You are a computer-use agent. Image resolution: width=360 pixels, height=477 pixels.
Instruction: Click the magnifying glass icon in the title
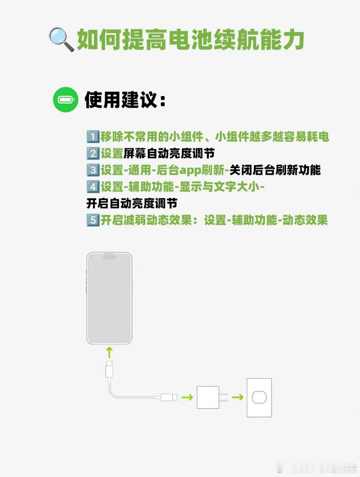(61, 40)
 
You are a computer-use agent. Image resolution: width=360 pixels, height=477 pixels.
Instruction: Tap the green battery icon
(65, 100)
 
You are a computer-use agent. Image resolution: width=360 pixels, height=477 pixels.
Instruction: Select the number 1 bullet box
(93, 136)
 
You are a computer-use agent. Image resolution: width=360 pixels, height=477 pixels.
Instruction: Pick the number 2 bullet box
(93, 154)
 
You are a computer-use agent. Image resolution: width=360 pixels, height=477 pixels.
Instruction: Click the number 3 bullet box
(93, 170)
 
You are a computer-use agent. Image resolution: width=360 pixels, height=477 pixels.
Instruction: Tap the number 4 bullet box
(93, 187)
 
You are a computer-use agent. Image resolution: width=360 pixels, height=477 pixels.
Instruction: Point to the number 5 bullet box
(93, 220)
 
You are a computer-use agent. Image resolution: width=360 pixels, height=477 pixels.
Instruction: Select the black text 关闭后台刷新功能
(275, 170)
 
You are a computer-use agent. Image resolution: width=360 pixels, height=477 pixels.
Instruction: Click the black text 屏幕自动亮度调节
(169, 154)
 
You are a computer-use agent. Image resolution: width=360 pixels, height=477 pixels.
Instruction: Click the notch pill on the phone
(109, 257)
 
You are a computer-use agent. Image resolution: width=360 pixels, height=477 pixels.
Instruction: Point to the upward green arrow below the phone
(109, 353)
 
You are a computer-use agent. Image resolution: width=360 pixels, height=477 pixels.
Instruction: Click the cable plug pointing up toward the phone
(109, 371)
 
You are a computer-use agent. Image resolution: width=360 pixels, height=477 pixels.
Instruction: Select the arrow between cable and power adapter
(187, 397)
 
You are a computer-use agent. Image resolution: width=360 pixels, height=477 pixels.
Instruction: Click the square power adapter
(208, 397)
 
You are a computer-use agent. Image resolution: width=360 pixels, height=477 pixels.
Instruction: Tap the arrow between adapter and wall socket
(237, 397)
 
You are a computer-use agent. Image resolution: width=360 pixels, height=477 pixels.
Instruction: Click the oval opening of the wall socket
(259, 397)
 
